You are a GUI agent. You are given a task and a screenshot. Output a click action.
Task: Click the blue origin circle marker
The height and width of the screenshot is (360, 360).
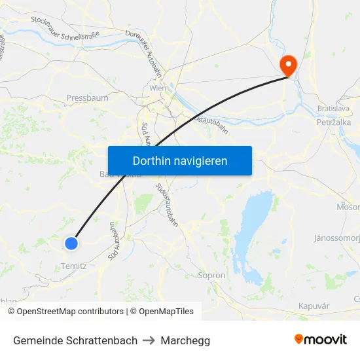tap(71, 243)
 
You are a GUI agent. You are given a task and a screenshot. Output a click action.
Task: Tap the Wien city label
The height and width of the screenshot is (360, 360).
tap(158, 88)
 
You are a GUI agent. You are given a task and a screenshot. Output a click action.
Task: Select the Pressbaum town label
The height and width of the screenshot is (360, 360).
tap(87, 98)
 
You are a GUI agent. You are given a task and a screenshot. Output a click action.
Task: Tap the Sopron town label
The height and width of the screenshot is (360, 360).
tap(211, 276)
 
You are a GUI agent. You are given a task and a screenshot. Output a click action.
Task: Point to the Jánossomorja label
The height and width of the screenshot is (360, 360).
tap(337, 237)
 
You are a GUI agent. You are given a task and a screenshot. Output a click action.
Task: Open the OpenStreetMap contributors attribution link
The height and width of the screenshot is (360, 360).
tap(70, 312)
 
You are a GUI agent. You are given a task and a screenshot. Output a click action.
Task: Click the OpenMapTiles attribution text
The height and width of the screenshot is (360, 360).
tap(166, 312)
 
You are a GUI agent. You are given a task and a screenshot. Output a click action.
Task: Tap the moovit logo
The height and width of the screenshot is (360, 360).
tap(320, 339)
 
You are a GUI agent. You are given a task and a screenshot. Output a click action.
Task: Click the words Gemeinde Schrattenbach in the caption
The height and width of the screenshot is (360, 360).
tap(75, 340)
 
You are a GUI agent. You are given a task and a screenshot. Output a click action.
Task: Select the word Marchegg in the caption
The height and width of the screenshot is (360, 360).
tap(185, 340)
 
